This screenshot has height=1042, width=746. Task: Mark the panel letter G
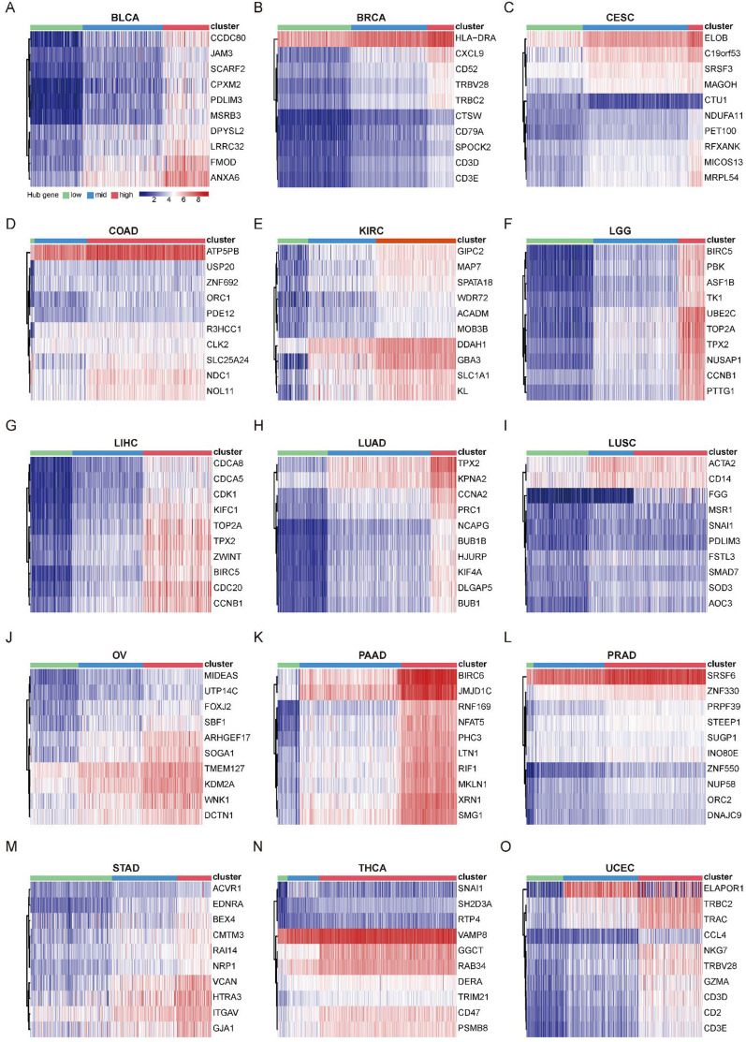click(x=9, y=433)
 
